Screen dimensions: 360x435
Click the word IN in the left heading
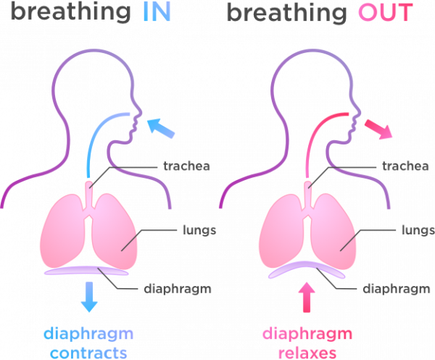(156, 13)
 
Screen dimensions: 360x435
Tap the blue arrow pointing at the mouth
(160, 128)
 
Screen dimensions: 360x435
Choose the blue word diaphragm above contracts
(88, 335)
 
